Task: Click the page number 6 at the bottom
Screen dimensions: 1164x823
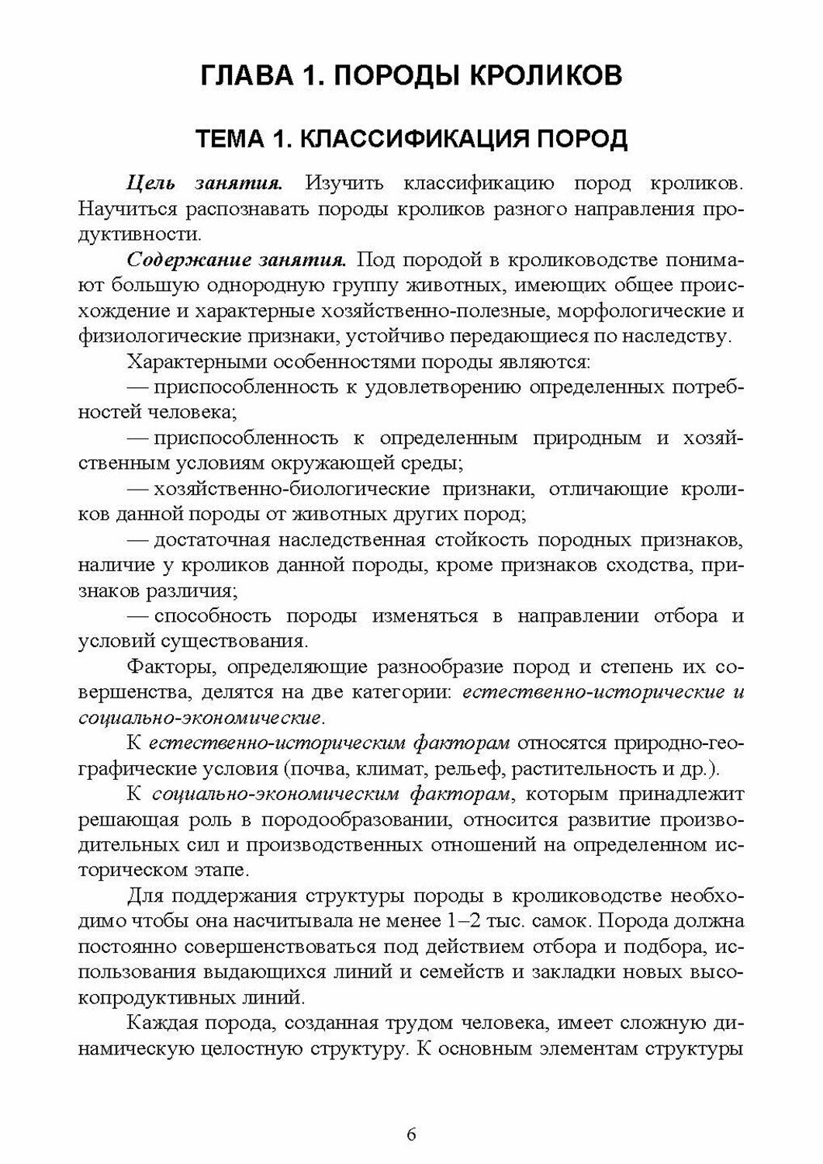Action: point(411,1133)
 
